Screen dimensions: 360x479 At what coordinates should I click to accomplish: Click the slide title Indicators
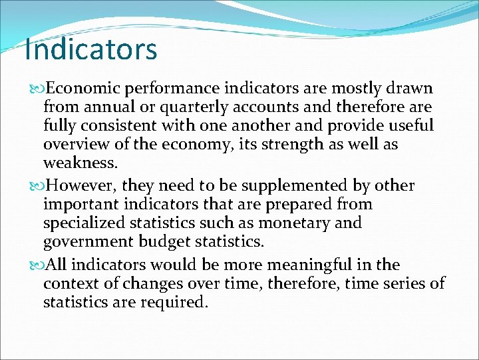[x=90, y=50]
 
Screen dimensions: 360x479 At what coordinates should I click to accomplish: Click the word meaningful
[x=300, y=265]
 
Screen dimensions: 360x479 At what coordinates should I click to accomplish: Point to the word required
[x=178, y=302]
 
